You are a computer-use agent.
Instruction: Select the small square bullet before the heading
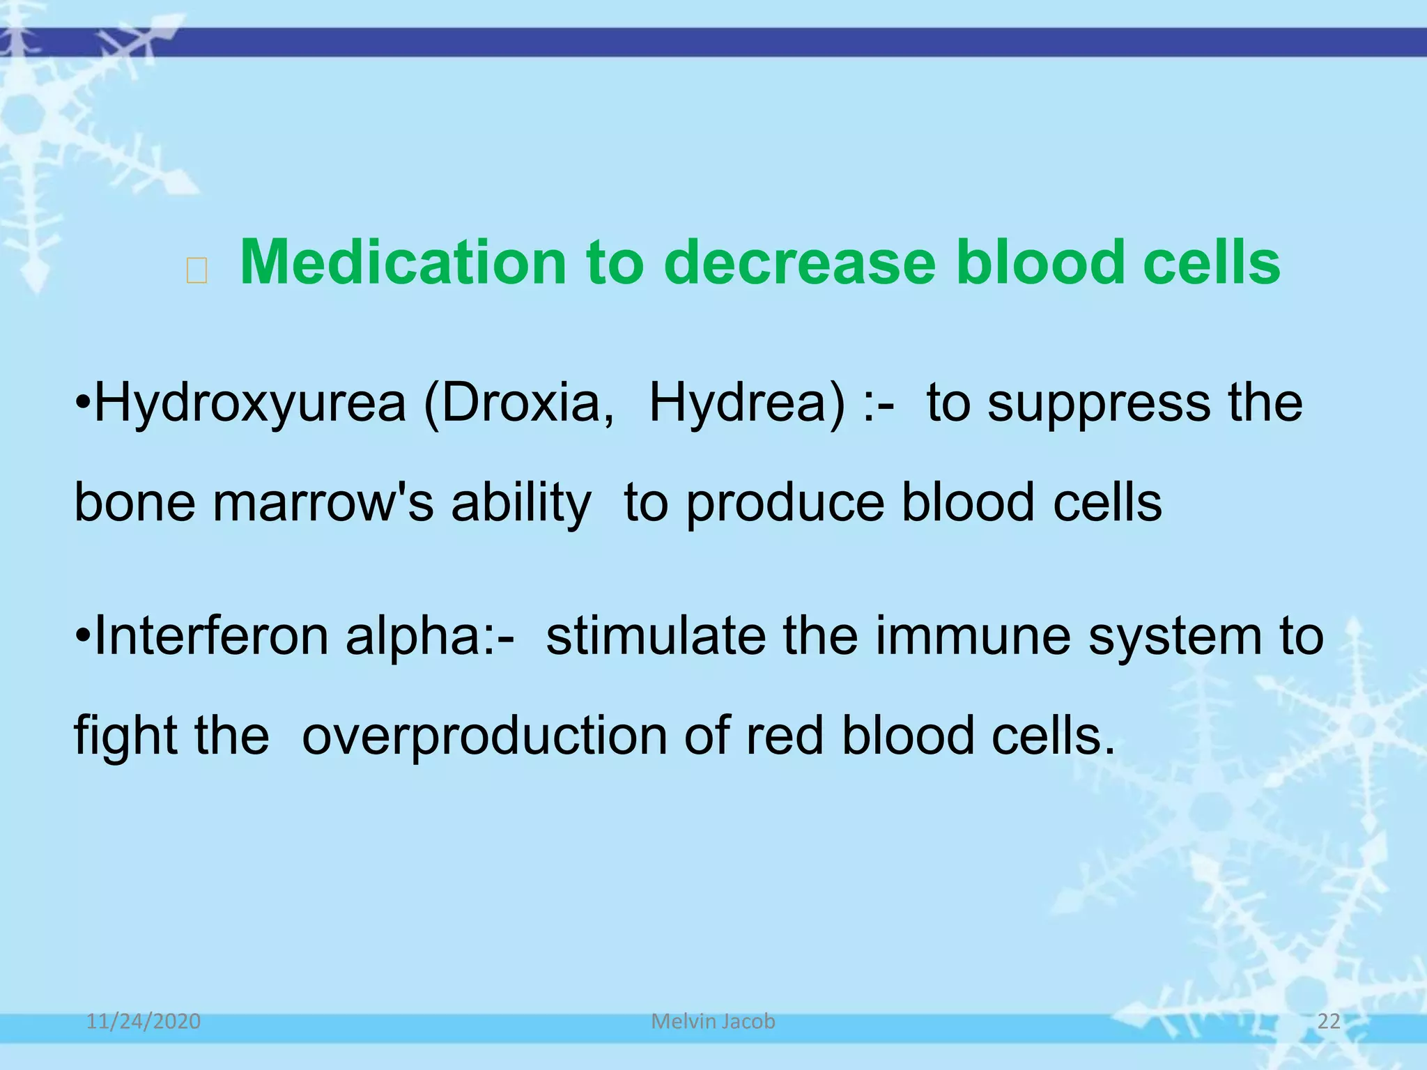[x=197, y=270]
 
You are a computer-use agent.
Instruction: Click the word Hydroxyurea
[x=249, y=404]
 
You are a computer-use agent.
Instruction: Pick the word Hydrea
[x=746, y=404]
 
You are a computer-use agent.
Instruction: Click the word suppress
[x=1099, y=404]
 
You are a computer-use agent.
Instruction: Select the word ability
[x=520, y=504]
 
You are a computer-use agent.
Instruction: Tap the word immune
[x=973, y=636]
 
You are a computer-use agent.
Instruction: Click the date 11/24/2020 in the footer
[x=144, y=1021]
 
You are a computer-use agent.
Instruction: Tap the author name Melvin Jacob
[x=713, y=1021]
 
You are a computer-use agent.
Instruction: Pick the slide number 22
[x=1329, y=1021]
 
